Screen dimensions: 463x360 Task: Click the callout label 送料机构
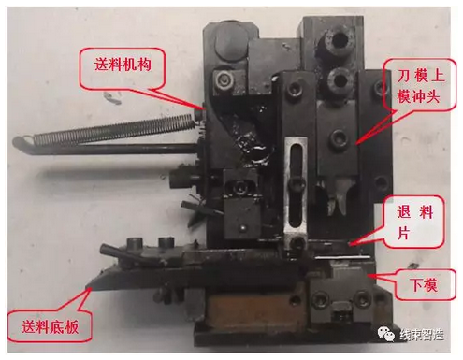(x=123, y=65)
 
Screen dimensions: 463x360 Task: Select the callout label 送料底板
(x=50, y=326)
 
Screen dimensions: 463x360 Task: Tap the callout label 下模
(x=425, y=284)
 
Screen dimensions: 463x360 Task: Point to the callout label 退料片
(x=415, y=223)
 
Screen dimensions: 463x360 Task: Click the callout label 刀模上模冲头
(x=421, y=86)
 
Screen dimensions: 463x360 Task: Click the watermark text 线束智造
(x=422, y=335)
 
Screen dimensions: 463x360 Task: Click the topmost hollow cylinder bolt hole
(x=340, y=39)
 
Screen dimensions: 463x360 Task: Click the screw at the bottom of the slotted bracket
(x=297, y=243)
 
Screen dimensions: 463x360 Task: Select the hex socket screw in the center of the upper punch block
(x=339, y=138)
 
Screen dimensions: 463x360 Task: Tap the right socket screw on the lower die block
(x=362, y=299)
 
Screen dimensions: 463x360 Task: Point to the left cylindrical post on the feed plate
(x=135, y=243)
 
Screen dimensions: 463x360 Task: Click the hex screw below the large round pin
(x=224, y=79)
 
